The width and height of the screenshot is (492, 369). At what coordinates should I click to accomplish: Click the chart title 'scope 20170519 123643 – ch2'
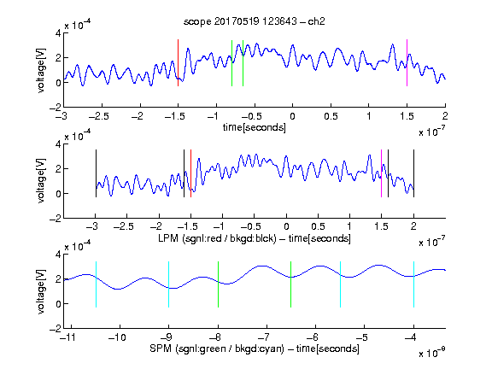point(255,21)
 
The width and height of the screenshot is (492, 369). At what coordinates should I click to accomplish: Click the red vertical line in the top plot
point(178,62)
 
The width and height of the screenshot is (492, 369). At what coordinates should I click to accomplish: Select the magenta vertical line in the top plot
point(407,62)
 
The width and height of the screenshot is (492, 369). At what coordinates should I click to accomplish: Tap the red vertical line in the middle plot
point(190,173)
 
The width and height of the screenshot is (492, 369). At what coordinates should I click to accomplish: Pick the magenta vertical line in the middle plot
point(381,173)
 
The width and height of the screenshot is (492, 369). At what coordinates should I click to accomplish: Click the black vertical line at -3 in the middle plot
point(96,173)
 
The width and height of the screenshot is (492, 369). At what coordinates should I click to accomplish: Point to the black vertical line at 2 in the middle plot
point(414,173)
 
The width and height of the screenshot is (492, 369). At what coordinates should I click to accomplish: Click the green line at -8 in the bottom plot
point(218,284)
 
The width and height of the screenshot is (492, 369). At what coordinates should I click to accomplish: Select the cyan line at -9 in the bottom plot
point(169,284)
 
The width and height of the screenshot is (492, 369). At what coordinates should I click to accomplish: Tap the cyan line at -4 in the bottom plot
point(414,284)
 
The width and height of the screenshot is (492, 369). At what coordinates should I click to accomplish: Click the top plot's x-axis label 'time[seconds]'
point(255,128)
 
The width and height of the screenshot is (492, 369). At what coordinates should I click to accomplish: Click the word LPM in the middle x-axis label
point(168,238)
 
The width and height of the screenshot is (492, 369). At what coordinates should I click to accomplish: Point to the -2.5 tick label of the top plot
point(99,116)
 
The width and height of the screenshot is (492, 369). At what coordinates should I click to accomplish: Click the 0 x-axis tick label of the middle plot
point(286,226)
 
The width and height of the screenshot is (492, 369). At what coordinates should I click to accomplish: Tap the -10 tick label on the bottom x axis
point(117,337)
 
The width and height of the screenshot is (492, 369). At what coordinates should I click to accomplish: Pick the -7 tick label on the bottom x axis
point(266,337)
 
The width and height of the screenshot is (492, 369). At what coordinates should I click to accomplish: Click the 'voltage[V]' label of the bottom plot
point(41,292)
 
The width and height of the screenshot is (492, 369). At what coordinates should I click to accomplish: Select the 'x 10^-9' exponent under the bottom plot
point(432,353)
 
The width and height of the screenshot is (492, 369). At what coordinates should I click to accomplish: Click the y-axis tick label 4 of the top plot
point(58,33)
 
